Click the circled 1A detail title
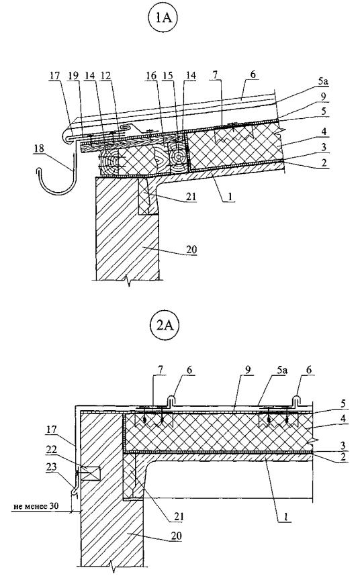point(163,18)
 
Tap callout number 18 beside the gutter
point(39,149)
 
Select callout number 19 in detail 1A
point(73,76)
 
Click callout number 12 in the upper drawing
point(106,76)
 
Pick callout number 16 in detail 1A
point(151,76)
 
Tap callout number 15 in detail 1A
point(168,76)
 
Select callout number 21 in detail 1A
point(191,196)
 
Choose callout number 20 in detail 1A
point(191,249)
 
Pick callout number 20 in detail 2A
point(176,536)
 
